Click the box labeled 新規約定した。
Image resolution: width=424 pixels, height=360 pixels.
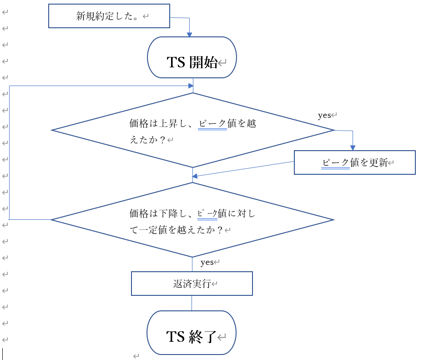(109, 16)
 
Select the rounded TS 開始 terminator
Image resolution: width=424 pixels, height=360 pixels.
(192, 57)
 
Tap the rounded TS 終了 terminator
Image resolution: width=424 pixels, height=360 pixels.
(192, 332)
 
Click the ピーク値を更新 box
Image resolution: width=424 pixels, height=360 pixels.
(354, 162)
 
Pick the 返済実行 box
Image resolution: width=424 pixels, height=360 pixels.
(192, 284)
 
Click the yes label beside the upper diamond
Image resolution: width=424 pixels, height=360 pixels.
(324, 116)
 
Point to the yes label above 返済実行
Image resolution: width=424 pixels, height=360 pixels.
(207, 262)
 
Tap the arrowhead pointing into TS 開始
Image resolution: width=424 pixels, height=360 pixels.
(190, 35)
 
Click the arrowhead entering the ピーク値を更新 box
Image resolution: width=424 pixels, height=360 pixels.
(353, 147)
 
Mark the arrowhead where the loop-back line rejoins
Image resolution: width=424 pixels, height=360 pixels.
(190, 85)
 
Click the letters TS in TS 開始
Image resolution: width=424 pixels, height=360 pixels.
(177, 62)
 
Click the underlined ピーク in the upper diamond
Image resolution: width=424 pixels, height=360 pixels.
(212, 123)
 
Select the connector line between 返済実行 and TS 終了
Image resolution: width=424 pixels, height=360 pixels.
(192, 303)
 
